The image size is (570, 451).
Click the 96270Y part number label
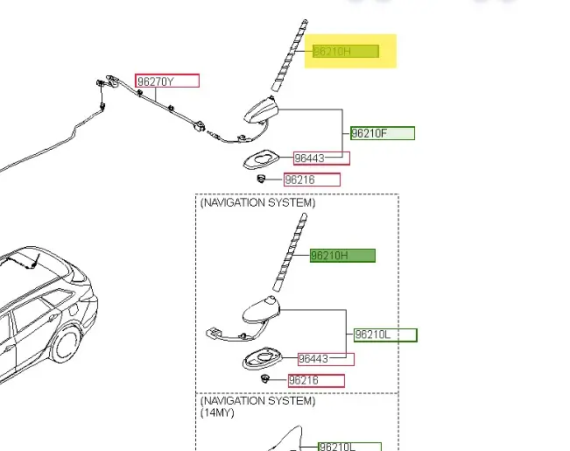coord(166,81)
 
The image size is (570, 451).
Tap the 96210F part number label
coord(382,133)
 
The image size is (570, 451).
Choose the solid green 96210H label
coord(342,256)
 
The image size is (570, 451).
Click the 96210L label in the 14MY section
coord(348,447)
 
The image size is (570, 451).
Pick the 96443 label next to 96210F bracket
coord(320,159)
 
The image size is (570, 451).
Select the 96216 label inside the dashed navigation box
coord(315,381)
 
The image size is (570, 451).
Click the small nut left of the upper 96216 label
coord(260,179)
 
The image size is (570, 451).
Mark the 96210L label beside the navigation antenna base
coord(385,335)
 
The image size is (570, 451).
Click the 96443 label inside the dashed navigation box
coord(325,358)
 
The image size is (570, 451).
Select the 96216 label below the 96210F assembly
coord(311,180)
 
